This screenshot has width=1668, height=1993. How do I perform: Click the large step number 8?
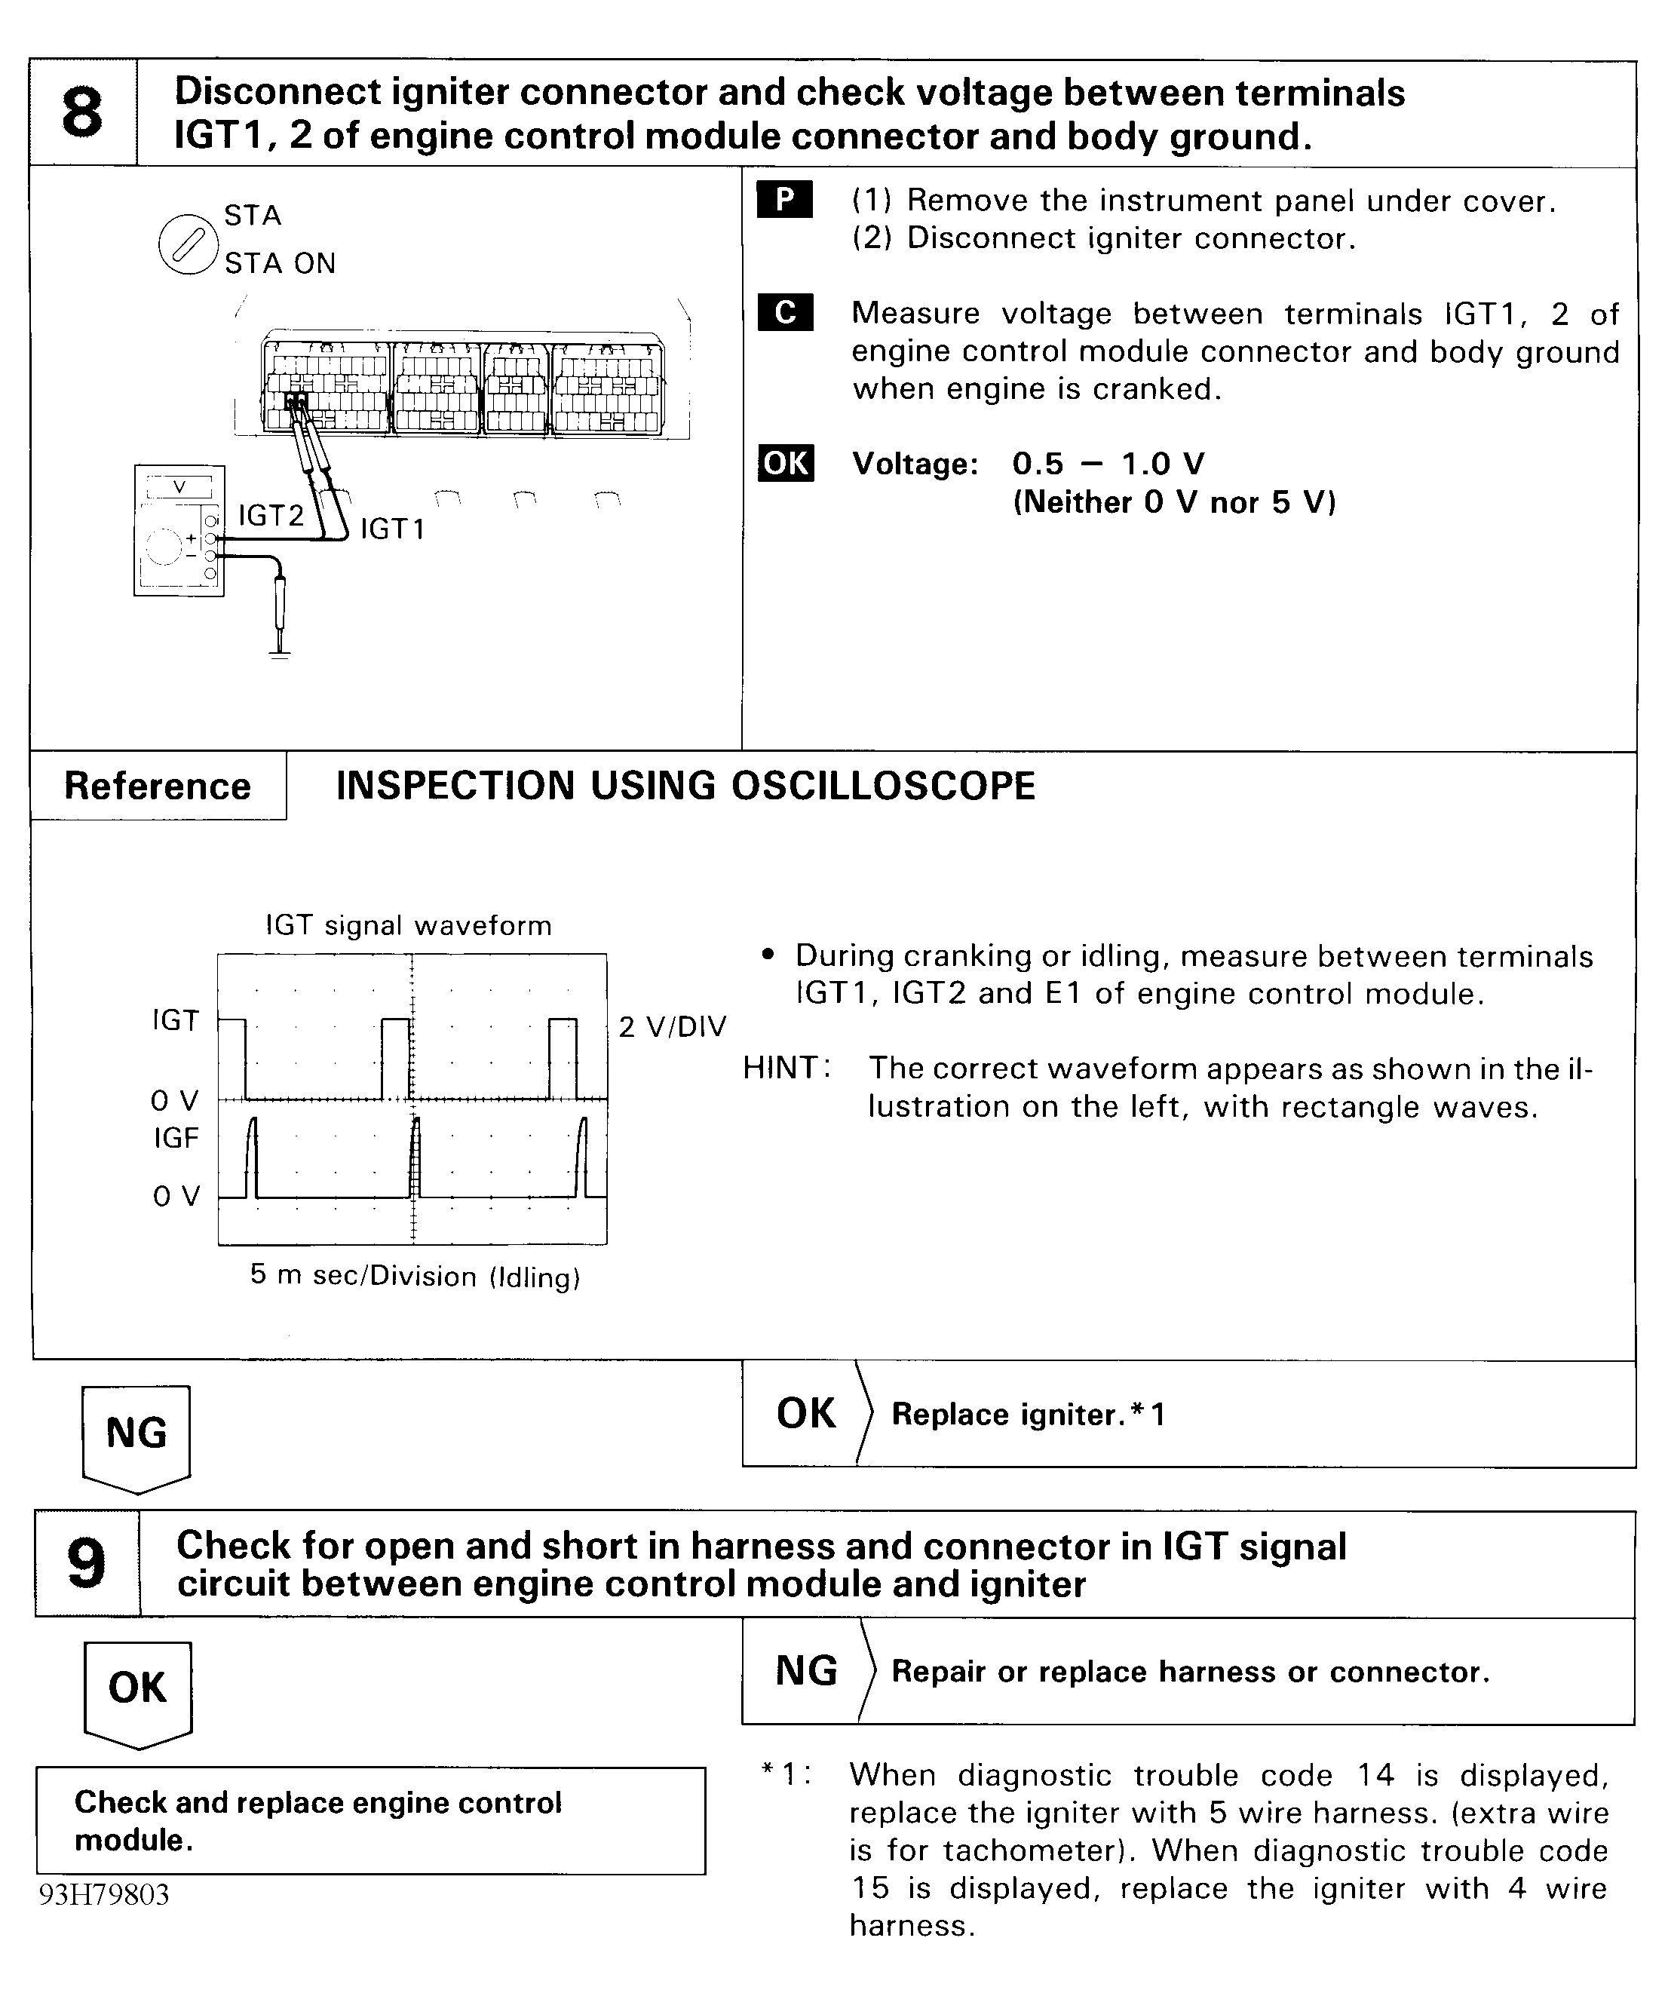pyautogui.click(x=82, y=113)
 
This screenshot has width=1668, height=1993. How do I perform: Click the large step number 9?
pyautogui.click(x=87, y=1564)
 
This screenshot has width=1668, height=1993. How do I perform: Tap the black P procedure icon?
pyautogui.click(x=785, y=199)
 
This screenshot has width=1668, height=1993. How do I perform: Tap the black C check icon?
pyautogui.click(x=785, y=312)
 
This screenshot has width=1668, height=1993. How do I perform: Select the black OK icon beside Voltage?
pyautogui.click(x=786, y=463)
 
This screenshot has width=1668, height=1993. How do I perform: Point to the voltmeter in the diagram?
pyautogui.click(x=179, y=531)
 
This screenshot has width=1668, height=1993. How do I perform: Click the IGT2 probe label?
pyautogui.click(x=271, y=515)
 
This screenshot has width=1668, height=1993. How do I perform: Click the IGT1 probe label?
pyautogui.click(x=393, y=529)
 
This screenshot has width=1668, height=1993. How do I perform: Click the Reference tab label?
pyautogui.click(x=158, y=786)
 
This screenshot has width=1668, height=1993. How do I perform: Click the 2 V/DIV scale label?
pyautogui.click(x=672, y=1027)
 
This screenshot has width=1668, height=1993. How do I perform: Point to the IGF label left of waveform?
pyautogui.click(x=176, y=1137)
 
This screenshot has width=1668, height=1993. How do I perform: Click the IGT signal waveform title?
pyautogui.click(x=408, y=925)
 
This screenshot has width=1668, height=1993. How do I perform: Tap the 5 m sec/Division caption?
pyautogui.click(x=415, y=1276)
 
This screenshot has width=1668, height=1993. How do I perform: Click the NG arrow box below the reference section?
pyautogui.click(x=136, y=1436)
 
